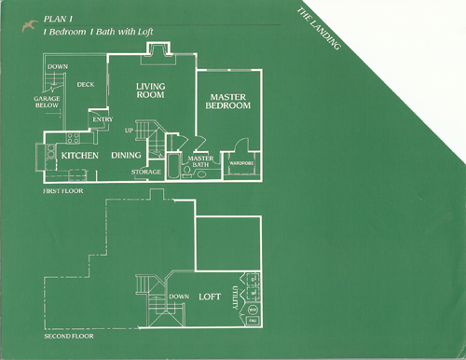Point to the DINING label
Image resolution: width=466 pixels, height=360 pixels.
[127, 155]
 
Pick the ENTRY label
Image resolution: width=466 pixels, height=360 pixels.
[102, 118]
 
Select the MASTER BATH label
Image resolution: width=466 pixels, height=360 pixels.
[201, 162]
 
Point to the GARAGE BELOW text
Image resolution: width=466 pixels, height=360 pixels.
[48, 101]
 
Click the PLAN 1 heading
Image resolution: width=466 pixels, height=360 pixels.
[59, 18]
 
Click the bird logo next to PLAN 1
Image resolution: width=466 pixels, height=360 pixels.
[34, 18]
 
